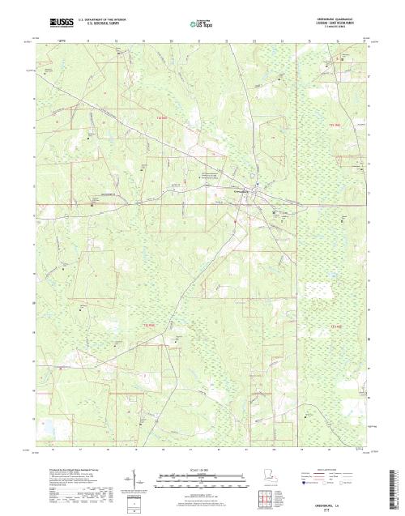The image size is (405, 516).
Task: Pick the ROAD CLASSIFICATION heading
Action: coord(333,469)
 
